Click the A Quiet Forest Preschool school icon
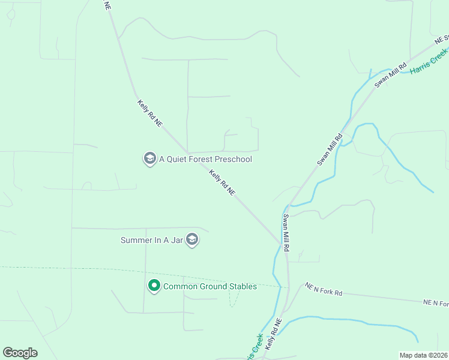[149, 159]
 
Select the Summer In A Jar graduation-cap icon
[192, 240]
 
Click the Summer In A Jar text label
[152, 240]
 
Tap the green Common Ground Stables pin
[154, 286]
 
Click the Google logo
[20, 353]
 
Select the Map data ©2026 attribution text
[423, 355]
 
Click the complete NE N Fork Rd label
[323, 289]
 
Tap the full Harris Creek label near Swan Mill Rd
[429, 62]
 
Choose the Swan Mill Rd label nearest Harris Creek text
[391, 74]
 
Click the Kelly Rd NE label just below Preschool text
[222, 182]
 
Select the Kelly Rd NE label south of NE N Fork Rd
[274, 335]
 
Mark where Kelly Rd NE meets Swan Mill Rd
[283, 243]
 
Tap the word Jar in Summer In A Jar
[178, 240]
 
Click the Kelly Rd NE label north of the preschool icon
[150, 113]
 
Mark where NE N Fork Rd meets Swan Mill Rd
[289, 286]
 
